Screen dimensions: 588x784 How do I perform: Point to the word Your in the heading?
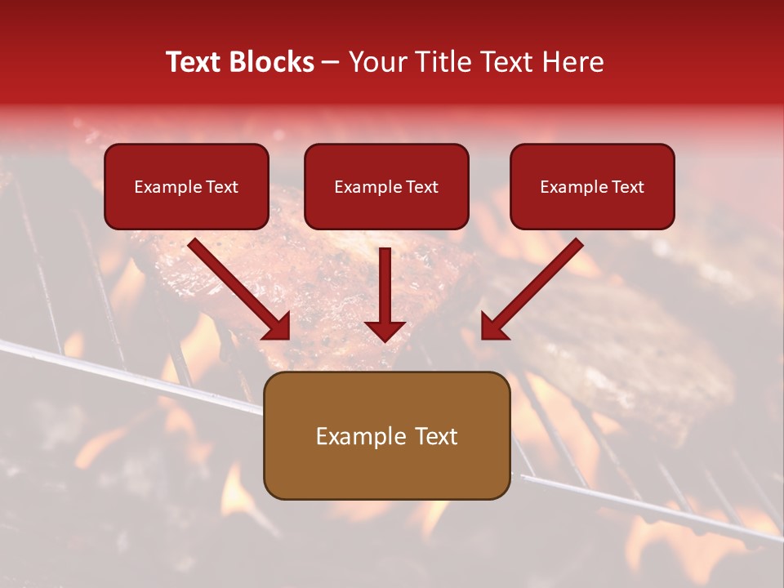point(378,62)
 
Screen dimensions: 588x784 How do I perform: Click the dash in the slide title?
point(331,62)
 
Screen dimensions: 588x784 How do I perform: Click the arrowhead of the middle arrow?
point(385,330)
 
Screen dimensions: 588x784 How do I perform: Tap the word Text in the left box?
point(222,187)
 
